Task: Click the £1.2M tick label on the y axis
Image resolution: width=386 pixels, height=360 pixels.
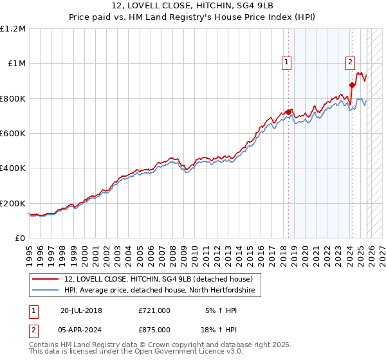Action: [13, 28]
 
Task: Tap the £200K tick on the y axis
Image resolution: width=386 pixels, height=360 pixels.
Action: [13, 203]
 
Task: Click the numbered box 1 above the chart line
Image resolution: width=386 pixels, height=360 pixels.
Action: [286, 62]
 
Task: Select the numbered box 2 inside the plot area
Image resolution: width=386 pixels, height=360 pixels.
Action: [350, 62]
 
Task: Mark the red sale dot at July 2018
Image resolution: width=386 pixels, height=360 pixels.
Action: [288, 112]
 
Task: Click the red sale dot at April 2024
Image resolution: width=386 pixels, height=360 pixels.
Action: [352, 85]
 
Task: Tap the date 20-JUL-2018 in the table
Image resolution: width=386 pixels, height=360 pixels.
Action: [81, 310]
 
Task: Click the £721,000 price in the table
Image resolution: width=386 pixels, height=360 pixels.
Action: [154, 310]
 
